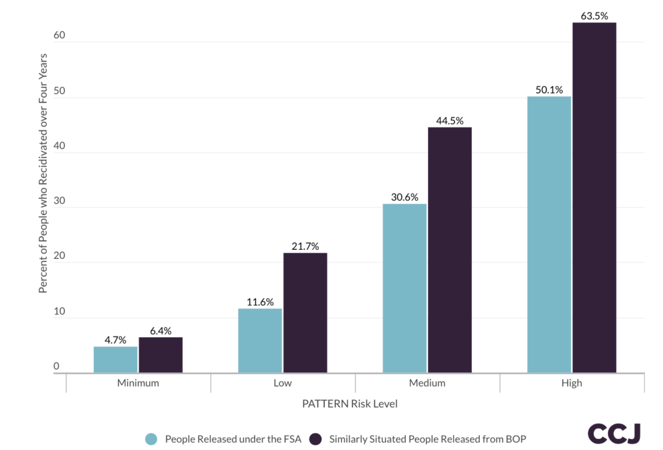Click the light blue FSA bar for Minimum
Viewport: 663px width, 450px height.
click(115, 360)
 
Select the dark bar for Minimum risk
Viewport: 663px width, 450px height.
click(161, 355)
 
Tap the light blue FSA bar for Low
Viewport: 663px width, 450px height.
click(260, 341)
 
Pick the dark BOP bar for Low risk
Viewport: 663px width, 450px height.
click(305, 313)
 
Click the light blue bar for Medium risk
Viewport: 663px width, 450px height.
click(405, 289)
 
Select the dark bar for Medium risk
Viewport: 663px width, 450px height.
click(450, 250)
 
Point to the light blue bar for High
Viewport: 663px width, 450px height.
click(549, 235)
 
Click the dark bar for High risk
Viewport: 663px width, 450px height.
click(594, 197)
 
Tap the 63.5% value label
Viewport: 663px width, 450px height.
click(594, 16)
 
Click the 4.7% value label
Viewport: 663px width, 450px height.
click(115, 340)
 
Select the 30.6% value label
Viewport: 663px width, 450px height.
click(405, 197)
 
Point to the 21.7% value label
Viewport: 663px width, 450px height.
click(305, 246)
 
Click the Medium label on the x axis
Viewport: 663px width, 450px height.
click(427, 383)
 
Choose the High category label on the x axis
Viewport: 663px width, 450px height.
click(572, 383)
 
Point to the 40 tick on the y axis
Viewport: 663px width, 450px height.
click(59, 146)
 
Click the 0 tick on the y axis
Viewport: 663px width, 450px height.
click(56, 366)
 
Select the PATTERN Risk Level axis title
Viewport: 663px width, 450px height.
click(350, 404)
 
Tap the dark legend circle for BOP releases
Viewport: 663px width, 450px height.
click(316, 439)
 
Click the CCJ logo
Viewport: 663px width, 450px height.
click(614, 433)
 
